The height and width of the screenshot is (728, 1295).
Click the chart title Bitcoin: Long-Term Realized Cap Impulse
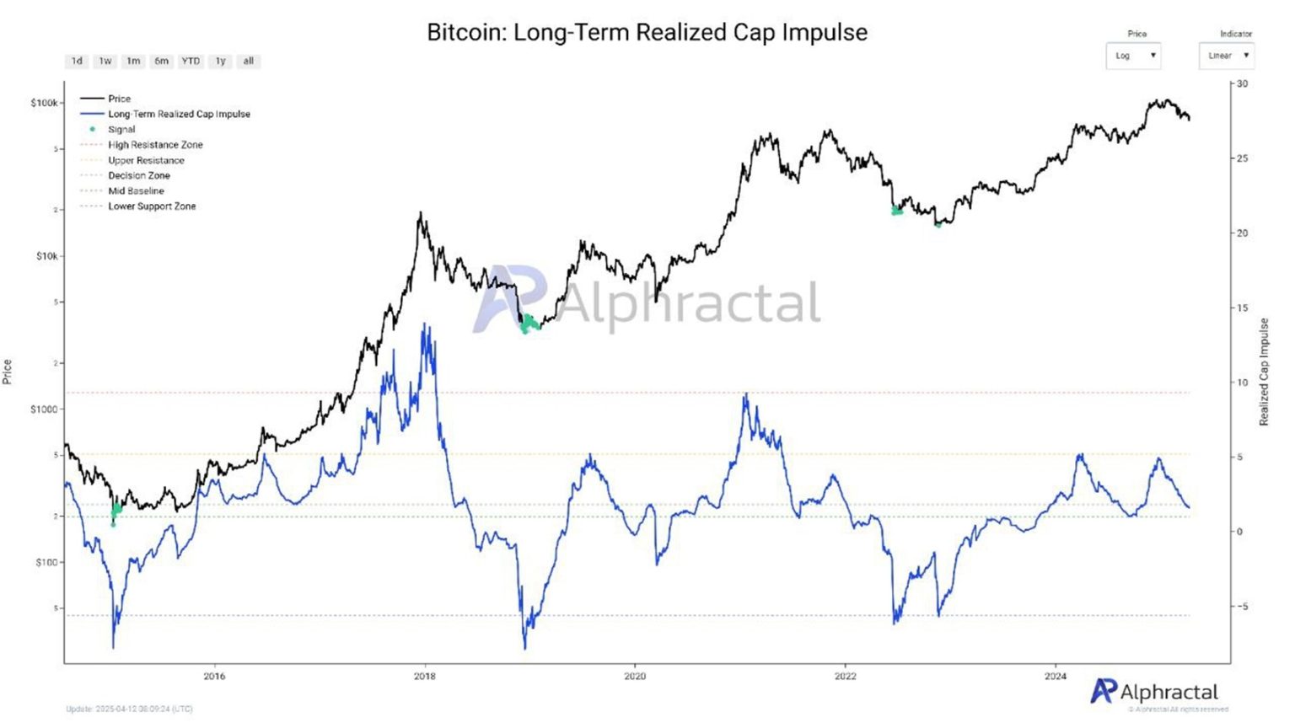click(x=647, y=32)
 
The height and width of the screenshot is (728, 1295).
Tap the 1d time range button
click(x=77, y=62)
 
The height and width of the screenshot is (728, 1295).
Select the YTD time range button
click(x=191, y=62)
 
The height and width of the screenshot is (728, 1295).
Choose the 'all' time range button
click(x=248, y=62)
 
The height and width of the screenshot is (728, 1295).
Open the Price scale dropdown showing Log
click(x=1133, y=56)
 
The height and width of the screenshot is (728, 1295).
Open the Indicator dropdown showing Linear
click(x=1227, y=56)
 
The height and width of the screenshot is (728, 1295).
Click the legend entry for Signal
click(x=121, y=130)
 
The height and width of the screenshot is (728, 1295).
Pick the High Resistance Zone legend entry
click(x=155, y=145)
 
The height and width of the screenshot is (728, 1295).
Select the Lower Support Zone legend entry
click(x=152, y=206)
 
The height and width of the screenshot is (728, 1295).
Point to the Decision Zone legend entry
click(x=139, y=176)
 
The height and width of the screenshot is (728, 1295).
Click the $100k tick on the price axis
click(x=45, y=103)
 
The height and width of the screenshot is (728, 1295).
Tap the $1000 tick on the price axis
click(x=45, y=409)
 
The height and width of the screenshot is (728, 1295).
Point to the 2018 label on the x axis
click(x=425, y=676)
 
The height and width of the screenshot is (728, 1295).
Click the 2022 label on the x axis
click(x=845, y=676)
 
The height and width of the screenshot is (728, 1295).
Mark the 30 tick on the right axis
click(x=1242, y=84)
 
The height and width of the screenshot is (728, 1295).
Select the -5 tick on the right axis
click(x=1242, y=607)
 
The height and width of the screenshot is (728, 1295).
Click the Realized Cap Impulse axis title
click(x=1264, y=372)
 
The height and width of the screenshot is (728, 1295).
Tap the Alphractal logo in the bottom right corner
click(x=1155, y=693)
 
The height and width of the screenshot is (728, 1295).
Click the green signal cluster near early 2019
click(x=529, y=324)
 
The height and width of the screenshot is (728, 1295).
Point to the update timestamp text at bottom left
click(x=129, y=709)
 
